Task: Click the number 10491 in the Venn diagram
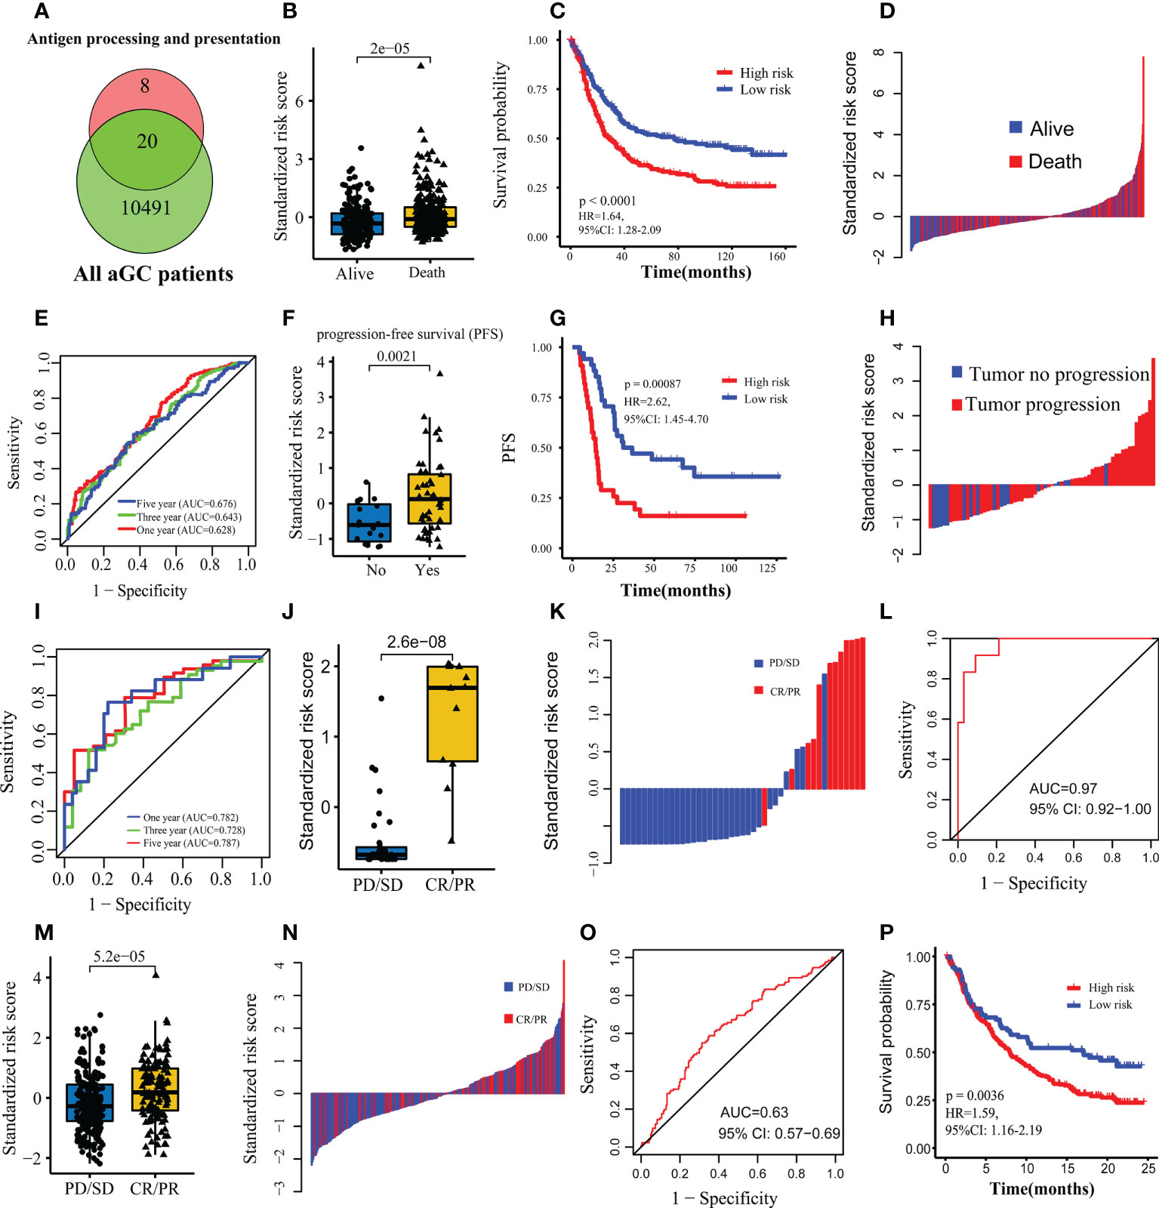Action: (x=146, y=208)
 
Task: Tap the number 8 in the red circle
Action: (x=145, y=86)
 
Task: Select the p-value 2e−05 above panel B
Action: (x=390, y=48)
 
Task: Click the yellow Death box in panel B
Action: (x=430, y=217)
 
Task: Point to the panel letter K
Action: (x=557, y=612)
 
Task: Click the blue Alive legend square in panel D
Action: (x=1016, y=127)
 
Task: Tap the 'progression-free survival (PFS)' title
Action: (x=409, y=334)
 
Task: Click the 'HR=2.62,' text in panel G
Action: (x=646, y=402)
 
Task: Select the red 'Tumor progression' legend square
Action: (x=957, y=405)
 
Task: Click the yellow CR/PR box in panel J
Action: (x=452, y=713)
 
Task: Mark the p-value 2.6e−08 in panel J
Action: (x=417, y=642)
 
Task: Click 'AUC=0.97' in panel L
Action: (x=1063, y=788)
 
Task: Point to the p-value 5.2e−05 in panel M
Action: (x=119, y=957)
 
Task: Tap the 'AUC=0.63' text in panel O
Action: (x=754, y=1112)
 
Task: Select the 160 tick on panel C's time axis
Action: (x=777, y=256)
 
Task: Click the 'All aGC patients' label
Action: (x=153, y=273)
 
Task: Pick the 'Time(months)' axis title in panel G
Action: (x=676, y=590)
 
